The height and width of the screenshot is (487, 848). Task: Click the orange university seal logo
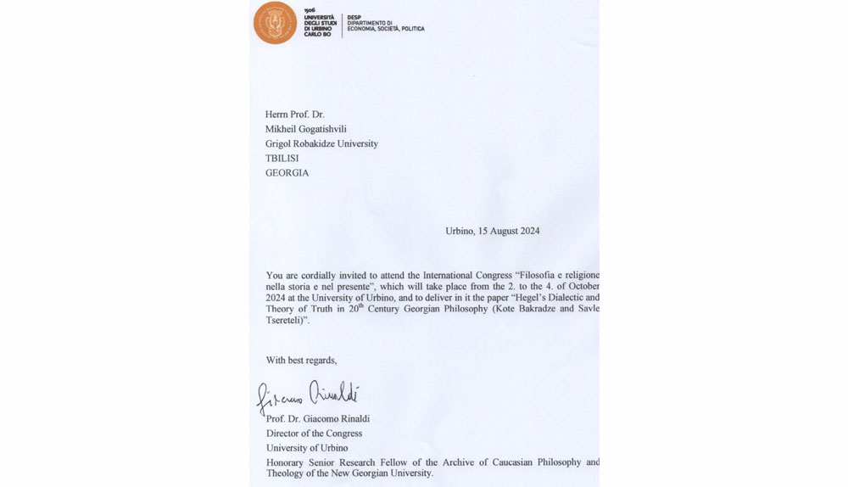point(275,23)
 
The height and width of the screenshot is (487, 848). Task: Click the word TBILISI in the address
point(287,158)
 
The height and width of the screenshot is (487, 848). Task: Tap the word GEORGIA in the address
point(287,172)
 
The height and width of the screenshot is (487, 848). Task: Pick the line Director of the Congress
point(314,434)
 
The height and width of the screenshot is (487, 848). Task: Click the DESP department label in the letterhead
point(354,16)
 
